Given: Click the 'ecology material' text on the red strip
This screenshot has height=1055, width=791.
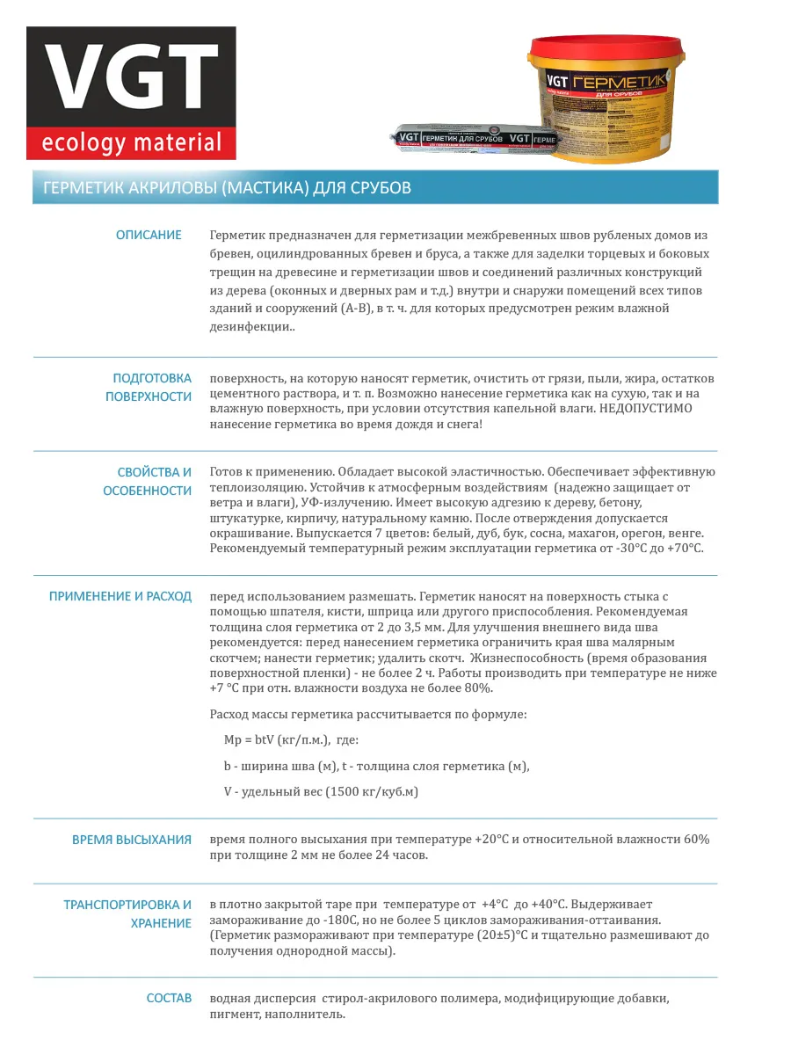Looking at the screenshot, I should pyautogui.click(x=130, y=142).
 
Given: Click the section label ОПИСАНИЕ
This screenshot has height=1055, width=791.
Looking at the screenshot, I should pyautogui.click(x=149, y=235).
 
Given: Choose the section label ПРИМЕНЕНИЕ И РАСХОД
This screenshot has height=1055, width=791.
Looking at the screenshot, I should pyautogui.click(x=120, y=596).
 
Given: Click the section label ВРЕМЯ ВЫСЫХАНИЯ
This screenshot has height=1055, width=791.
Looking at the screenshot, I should pyautogui.click(x=132, y=840).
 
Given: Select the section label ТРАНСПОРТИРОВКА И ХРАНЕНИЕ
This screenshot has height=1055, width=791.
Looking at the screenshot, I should pyautogui.click(x=127, y=913).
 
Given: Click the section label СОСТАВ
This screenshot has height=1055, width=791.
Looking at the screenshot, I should pyautogui.click(x=169, y=999).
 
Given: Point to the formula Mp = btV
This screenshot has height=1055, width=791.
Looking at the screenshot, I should pyautogui.click(x=251, y=740).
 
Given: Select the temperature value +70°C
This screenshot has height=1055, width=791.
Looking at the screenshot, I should pyautogui.click(x=685, y=549).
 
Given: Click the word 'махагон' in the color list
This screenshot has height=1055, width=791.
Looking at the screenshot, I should pyautogui.click(x=584, y=533).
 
